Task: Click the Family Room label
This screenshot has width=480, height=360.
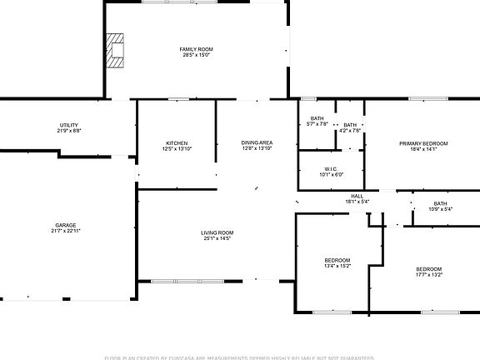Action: tap(197, 50)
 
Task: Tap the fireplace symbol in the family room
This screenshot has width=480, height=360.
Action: tap(115, 49)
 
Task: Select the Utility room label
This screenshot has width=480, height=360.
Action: tap(68, 125)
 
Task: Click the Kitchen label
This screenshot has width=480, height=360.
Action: tap(176, 143)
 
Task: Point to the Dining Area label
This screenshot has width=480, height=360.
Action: tap(257, 143)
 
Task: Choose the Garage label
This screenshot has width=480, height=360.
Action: tap(66, 225)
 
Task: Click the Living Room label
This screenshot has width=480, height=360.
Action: tap(217, 232)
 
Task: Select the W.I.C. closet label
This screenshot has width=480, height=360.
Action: tap(331, 169)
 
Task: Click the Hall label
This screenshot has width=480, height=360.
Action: tap(357, 196)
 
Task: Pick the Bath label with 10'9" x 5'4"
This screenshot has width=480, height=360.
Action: tap(440, 203)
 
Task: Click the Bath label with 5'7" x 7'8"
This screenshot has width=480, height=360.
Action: tap(317, 118)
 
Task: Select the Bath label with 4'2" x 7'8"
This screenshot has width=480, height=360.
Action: tap(350, 125)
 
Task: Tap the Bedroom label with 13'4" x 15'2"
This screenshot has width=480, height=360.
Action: tap(337, 260)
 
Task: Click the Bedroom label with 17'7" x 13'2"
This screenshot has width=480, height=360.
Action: tap(429, 268)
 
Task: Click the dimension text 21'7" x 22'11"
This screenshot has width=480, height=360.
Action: tap(66, 231)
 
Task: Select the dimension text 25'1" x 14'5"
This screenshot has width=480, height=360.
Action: tap(217, 238)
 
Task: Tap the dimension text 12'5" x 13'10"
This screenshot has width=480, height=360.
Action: tap(176, 149)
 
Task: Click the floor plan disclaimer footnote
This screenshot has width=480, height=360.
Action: tap(240, 357)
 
